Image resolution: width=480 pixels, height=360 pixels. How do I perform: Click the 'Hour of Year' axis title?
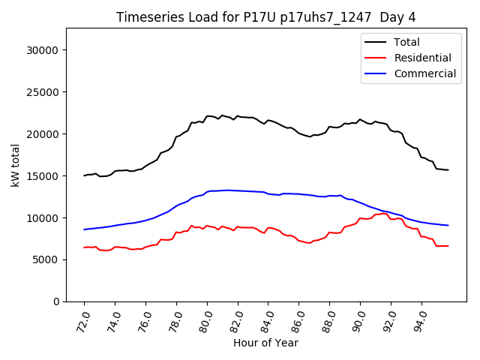(265, 343)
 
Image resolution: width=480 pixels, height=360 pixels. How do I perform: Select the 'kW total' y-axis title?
(15, 165)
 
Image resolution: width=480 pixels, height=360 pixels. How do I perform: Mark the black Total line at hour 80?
(207, 116)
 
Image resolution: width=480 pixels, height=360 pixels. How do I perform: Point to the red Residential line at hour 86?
(299, 241)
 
